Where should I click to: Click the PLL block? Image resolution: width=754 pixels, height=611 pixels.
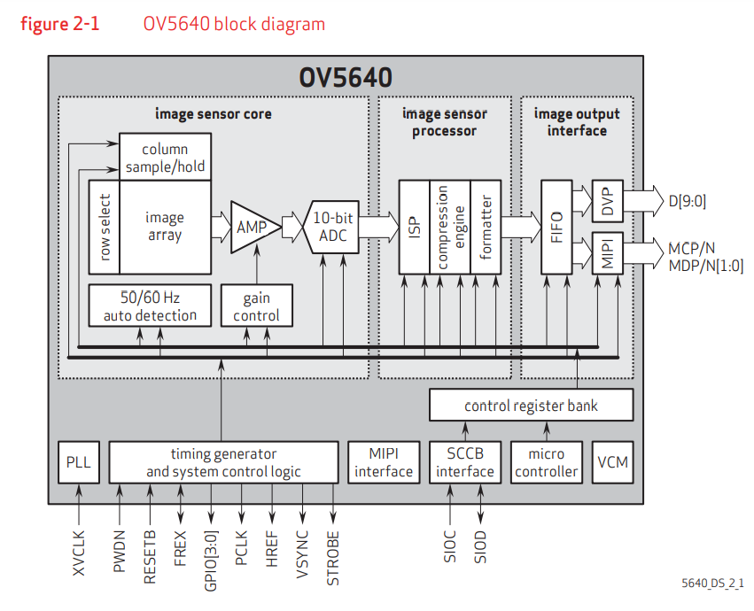79,462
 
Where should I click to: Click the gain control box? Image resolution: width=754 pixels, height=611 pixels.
256,305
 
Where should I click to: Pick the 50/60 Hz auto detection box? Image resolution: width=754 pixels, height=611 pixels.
150,305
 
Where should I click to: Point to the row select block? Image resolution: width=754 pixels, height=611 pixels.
104,228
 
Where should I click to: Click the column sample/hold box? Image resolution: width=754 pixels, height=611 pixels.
166,158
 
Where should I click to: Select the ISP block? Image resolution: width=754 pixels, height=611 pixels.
414,227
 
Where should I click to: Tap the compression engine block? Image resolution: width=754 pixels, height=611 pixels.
450,227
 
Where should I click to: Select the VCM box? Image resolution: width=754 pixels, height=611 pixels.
612,462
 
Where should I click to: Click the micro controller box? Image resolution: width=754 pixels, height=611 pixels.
546,462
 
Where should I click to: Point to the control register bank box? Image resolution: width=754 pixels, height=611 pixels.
532,406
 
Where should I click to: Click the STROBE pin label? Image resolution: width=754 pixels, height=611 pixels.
333,555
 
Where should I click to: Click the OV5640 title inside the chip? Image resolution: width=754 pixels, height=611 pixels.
346,77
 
